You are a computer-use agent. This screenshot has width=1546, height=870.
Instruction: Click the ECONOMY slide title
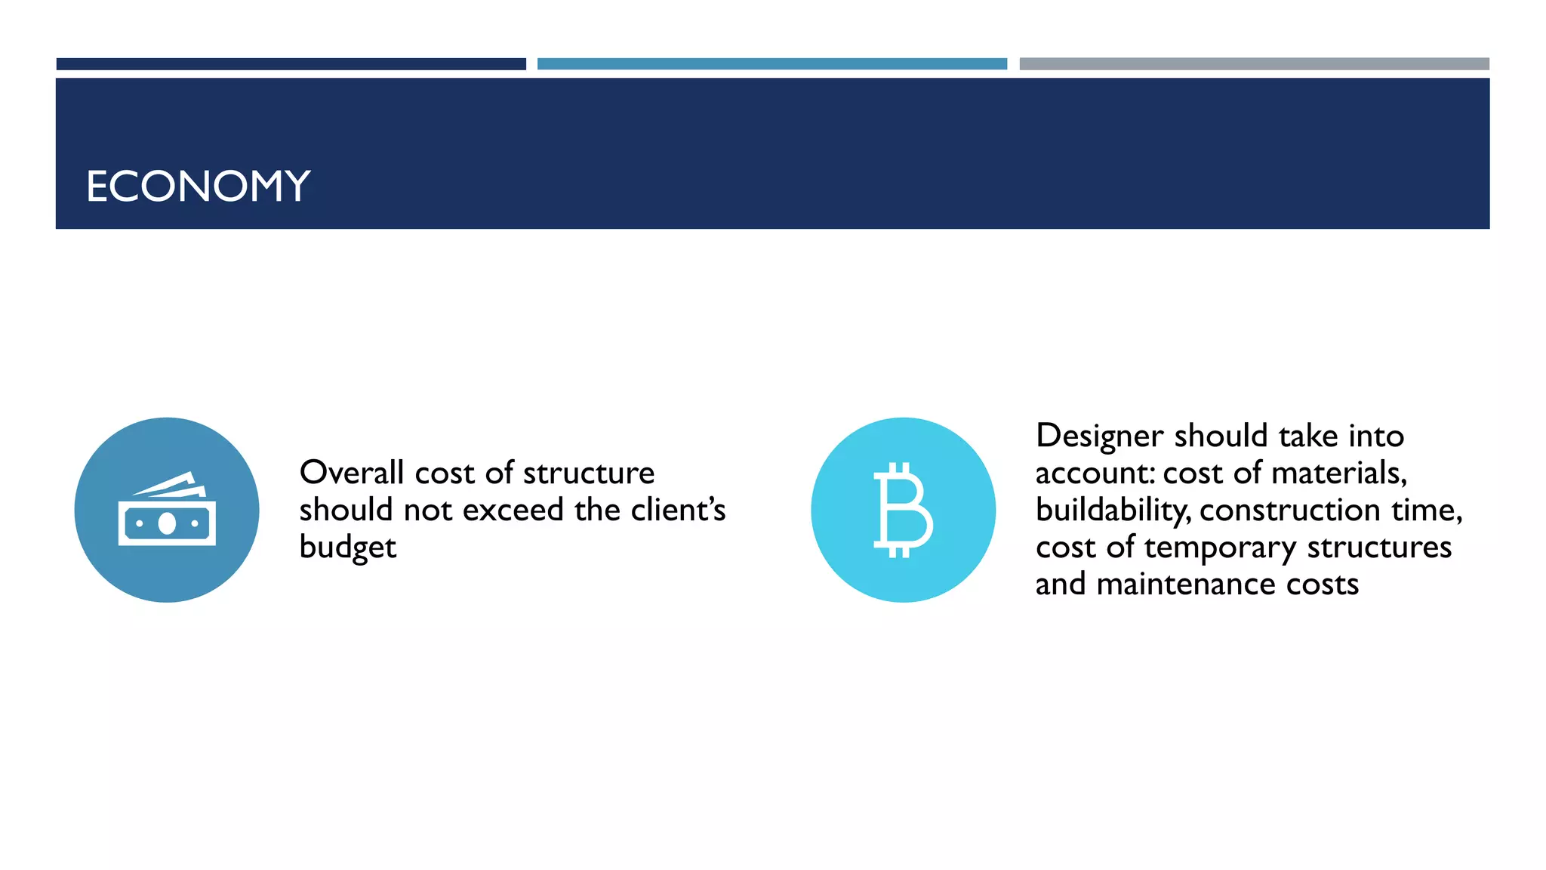[x=199, y=186]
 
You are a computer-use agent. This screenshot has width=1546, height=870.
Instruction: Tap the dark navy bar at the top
[x=291, y=64]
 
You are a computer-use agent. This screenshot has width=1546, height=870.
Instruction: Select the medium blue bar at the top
[x=771, y=64]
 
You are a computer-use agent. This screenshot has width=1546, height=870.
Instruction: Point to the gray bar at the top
[x=1254, y=64]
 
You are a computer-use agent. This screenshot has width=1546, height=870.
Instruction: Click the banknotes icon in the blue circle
[x=167, y=510]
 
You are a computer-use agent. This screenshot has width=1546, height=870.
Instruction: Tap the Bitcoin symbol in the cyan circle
[x=903, y=510]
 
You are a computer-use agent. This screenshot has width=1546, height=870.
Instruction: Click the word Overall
[x=352, y=473]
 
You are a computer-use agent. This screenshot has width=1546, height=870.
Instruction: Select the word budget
[x=347, y=548]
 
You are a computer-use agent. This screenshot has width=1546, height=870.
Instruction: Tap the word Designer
[x=1100, y=436]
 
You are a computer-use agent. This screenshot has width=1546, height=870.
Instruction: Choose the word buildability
[x=1112, y=511]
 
